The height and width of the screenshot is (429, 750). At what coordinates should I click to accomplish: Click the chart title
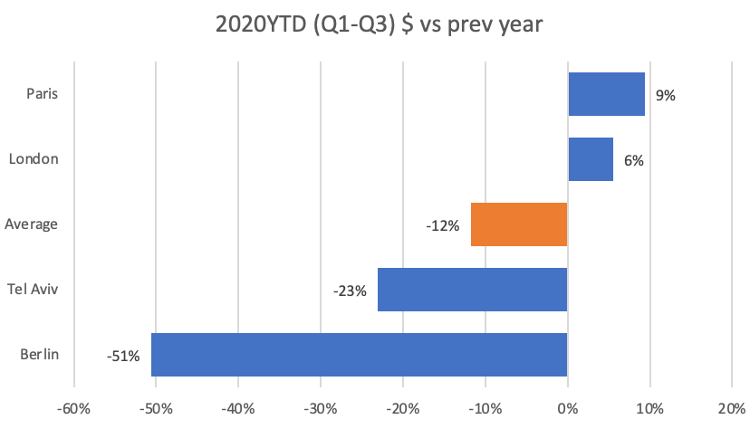pyautogui.click(x=379, y=24)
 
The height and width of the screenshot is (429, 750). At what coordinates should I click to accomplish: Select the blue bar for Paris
pyautogui.click(x=607, y=94)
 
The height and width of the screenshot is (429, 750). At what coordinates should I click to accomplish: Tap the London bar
pyautogui.click(x=591, y=159)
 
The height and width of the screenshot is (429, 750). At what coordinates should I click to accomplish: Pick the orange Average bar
pyautogui.click(x=519, y=224)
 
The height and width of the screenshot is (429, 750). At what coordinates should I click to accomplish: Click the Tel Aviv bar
pyautogui.click(x=473, y=290)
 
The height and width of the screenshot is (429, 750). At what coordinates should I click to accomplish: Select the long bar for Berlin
pyautogui.click(x=360, y=355)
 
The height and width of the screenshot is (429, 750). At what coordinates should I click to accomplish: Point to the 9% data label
pyautogui.click(x=666, y=96)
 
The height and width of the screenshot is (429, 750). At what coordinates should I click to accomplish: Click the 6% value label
pyautogui.click(x=634, y=160)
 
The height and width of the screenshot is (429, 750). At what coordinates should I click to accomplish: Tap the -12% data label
pyautogui.click(x=443, y=225)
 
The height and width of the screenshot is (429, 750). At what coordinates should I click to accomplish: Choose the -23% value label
pyautogui.click(x=351, y=291)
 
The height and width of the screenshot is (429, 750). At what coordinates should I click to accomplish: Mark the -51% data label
pyautogui.click(x=123, y=356)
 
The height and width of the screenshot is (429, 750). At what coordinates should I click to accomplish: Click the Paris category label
pyautogui.click(x=42, y=93)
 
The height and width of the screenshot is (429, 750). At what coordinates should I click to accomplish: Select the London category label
pyautogui.click(x=34, y=158)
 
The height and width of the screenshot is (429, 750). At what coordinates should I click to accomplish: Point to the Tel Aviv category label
pyautogui.click(x=33, y=289)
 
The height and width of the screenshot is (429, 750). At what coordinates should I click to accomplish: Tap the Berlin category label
pyautogui.click(x=39, y=355)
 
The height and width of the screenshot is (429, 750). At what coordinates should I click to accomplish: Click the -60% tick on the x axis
pyautogui.click(x=73, y=409)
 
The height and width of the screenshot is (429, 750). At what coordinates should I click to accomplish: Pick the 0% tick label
pyautogui.click(x=568, y=409)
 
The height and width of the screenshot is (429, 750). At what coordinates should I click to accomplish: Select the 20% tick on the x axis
pyautogui.click(x=732, y=409)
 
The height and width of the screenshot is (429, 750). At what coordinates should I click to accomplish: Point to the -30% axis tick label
pyautogui.click(x=321, y=409)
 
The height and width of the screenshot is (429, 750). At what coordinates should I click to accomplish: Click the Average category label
pyautogui.click(x=31, y=224)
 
